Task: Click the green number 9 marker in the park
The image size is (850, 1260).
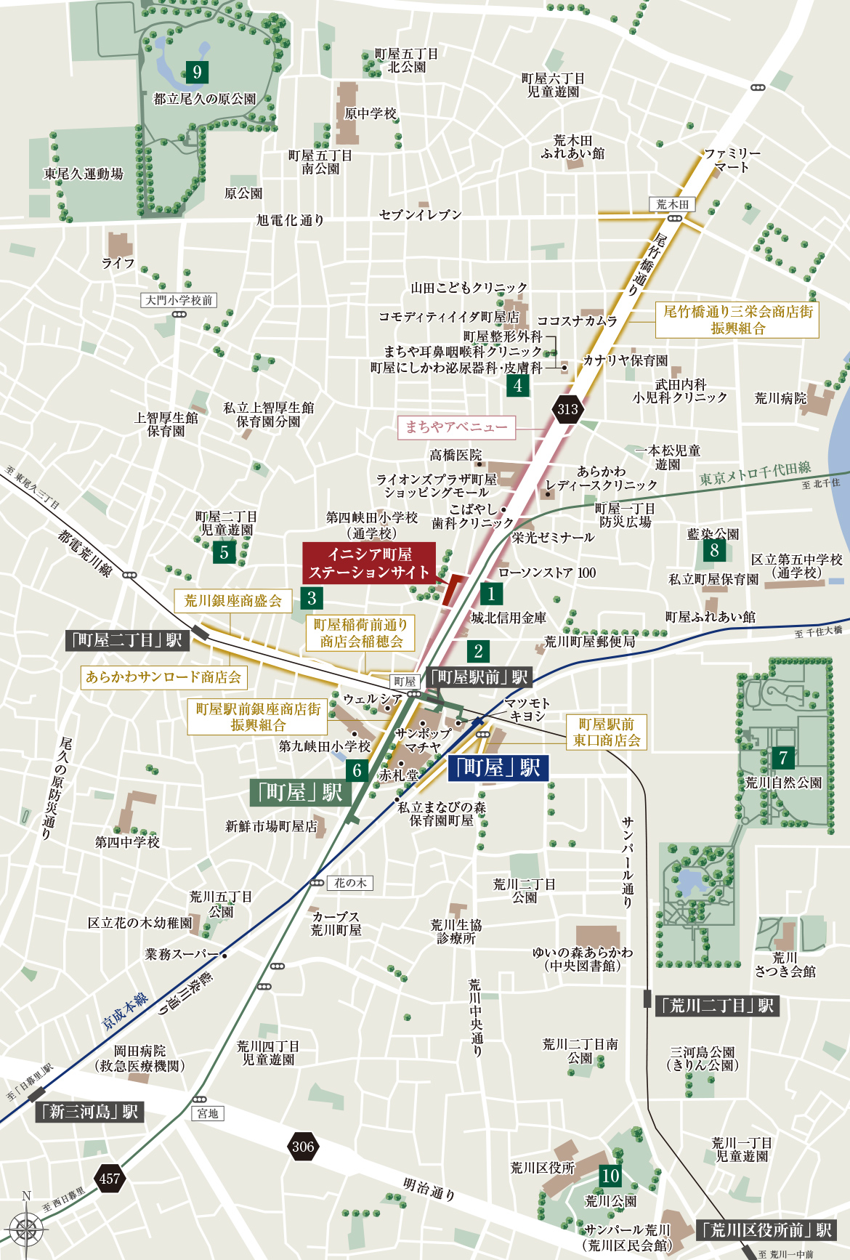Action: click(x=196, y=72)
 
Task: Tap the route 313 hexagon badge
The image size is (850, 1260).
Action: click(x=568, y=409)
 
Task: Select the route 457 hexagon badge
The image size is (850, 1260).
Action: click(x=110, y=1178)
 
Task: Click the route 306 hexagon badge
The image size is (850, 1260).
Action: click(x=303, y=1147)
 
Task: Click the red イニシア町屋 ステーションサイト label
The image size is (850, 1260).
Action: click(x=369, y=563)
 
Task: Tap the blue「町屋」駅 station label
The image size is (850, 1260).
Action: click(x=498, y=767)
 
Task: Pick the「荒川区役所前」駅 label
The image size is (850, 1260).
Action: click(x=766, y=1229)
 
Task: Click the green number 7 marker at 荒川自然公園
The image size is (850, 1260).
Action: click(x=783, y=758)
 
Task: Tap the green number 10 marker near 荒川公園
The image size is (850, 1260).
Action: click(x=610, y=1175)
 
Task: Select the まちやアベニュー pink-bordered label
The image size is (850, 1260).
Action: click(x=456, y=427)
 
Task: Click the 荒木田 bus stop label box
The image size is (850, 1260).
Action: click(x=672, y=204)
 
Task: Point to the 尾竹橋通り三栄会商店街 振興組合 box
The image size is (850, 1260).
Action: click(x=737, y=320)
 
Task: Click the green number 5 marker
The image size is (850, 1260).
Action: click(x=224, y=552)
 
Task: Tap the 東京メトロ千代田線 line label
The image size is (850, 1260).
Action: click(x=755, y=474)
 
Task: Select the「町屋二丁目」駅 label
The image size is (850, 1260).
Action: click(x=127, y=640)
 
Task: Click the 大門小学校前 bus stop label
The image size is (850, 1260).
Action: click(x=179, y=300)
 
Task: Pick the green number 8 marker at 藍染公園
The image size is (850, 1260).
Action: click(x=714, y=550)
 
